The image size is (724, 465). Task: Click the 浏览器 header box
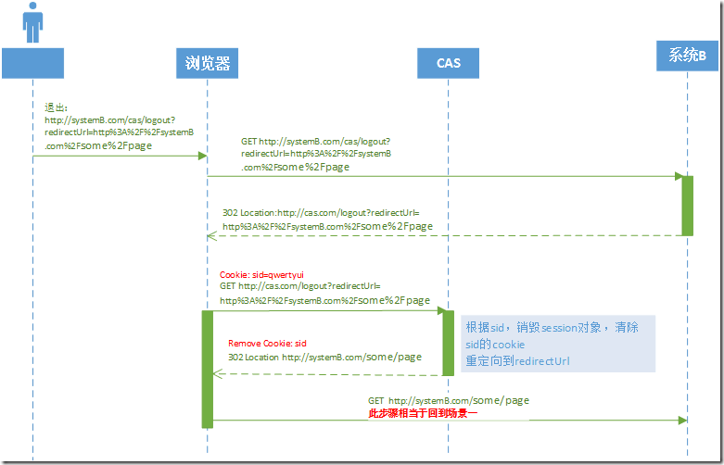207,64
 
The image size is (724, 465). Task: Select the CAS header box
449,64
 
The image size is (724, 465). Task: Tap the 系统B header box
687,57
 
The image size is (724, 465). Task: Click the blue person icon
32,22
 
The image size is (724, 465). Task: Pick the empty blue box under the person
32,63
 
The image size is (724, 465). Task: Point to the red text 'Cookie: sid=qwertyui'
261,275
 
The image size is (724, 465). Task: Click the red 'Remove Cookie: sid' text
267,343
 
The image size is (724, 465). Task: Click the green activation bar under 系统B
687,206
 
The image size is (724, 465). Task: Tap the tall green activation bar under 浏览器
208,369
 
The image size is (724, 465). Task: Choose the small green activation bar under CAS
448,343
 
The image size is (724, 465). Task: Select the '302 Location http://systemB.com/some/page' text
324,357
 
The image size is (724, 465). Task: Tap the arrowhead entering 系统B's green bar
679,176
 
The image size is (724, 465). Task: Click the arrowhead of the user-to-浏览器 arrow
201,156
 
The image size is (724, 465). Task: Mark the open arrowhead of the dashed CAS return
217,374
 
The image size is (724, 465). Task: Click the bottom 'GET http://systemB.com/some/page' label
449,400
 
